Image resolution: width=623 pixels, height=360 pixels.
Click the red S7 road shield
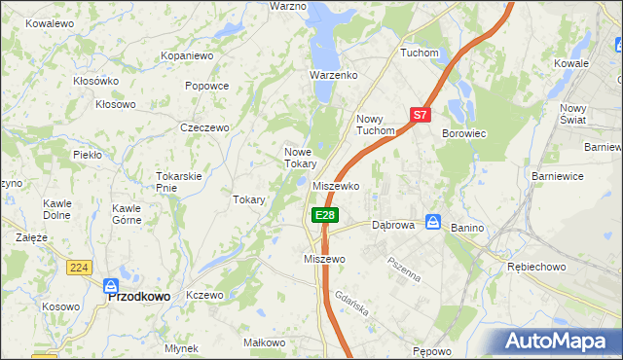(x=420, y=115)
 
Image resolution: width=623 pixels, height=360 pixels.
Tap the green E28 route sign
(x=325, y=215)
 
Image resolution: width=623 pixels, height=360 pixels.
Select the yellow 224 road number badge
(x=80, y=266)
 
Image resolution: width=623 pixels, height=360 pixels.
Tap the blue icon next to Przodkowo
(x=110, y=286)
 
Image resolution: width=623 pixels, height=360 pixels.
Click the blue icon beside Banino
(x=433, y=222)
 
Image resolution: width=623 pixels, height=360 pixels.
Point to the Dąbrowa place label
(x=394, y=225)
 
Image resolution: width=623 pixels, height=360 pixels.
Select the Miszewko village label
(x=338, y=186)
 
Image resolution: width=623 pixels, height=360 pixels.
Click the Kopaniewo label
(x=187, y=56)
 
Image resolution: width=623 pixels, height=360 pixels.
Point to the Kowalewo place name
(x=51, y=22)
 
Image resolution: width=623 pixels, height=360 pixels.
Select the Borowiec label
(x=464, y=133)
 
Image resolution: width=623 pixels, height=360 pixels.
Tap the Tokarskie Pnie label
(x=178, y=182)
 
